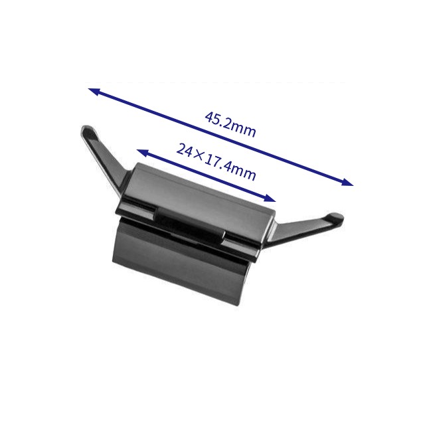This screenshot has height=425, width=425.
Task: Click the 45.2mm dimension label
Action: click(x=230, y=125)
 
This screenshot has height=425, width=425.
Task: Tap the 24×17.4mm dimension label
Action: click(x=216, y=162)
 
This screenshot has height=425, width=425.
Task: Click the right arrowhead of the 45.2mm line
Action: click(x=348, y=182)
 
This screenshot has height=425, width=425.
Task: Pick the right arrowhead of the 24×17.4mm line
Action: click(x=270, y=199)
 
